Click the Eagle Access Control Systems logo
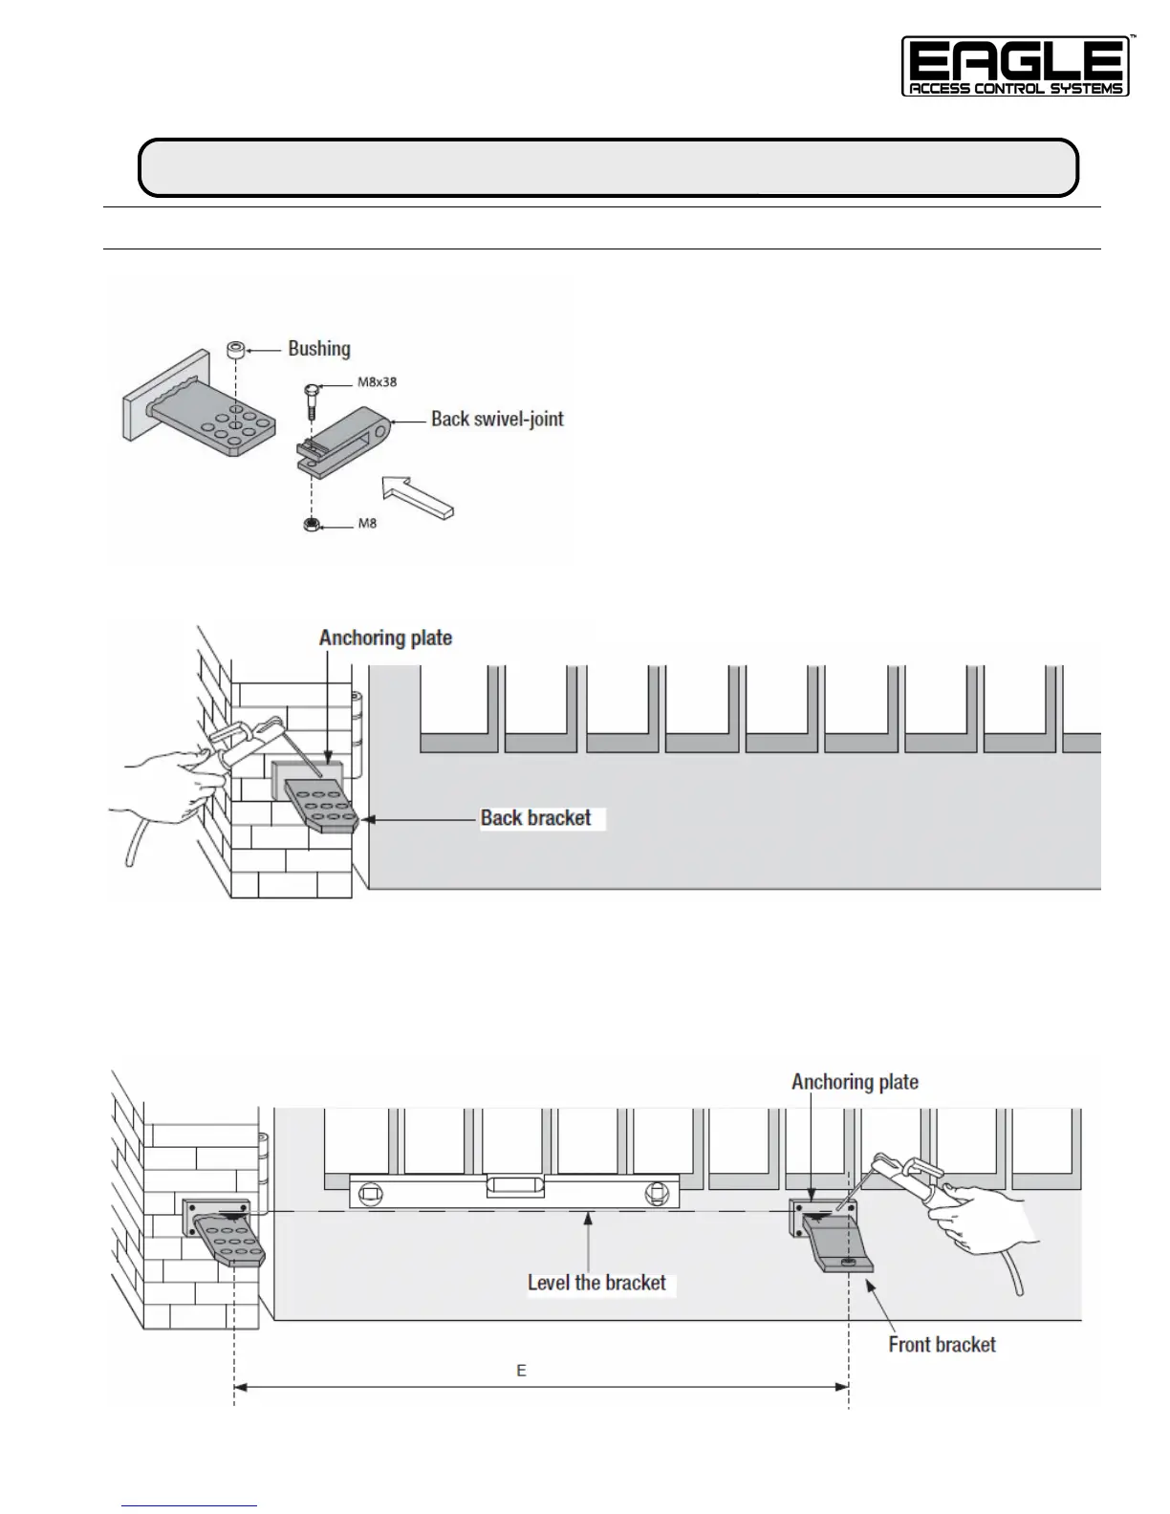coord(1015,67)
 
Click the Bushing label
coord(319,349)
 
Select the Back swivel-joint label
coord(497,419)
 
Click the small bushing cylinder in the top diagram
coord(235,350)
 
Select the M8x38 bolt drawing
coord(311,400)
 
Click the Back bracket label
coord(535,818)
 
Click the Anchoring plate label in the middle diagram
coord(385,638)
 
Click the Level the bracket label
coord(596,1283)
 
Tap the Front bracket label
coord(942,1345)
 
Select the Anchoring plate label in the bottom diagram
coord(855,1082)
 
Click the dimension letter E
coord(522,1371)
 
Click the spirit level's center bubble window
coord(515,1187)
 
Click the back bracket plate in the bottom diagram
coord(229,1238)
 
